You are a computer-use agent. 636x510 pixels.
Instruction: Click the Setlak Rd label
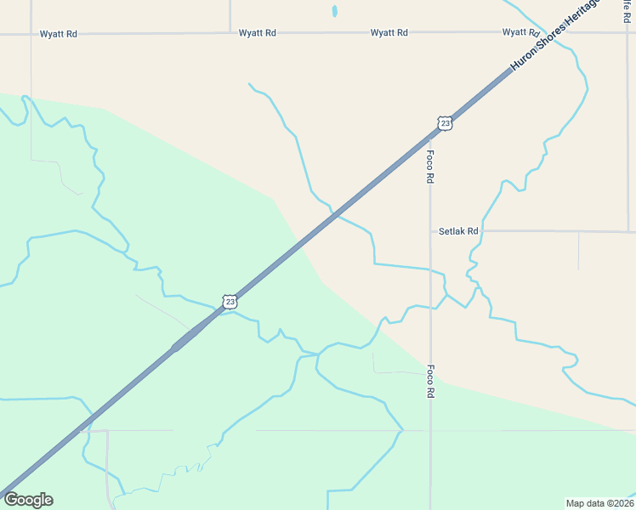458,230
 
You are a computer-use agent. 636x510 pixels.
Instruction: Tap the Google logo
28,500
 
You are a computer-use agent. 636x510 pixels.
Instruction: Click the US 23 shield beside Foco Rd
445,124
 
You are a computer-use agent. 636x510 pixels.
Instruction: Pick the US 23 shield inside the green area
229,302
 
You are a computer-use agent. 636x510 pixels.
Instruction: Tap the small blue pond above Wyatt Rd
334,12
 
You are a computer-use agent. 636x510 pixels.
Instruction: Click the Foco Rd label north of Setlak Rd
430,167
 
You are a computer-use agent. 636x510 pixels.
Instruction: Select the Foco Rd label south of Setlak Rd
430,382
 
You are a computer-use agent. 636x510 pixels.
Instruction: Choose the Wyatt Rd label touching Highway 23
520,32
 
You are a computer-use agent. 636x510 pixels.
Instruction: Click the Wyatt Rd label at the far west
59,34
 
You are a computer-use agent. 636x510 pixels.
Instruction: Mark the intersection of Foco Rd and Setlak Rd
430,230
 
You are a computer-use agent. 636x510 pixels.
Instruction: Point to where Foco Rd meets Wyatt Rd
430,33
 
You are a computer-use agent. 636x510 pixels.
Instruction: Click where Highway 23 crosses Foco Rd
430,137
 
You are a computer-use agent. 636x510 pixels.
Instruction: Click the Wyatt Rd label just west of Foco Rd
389,32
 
